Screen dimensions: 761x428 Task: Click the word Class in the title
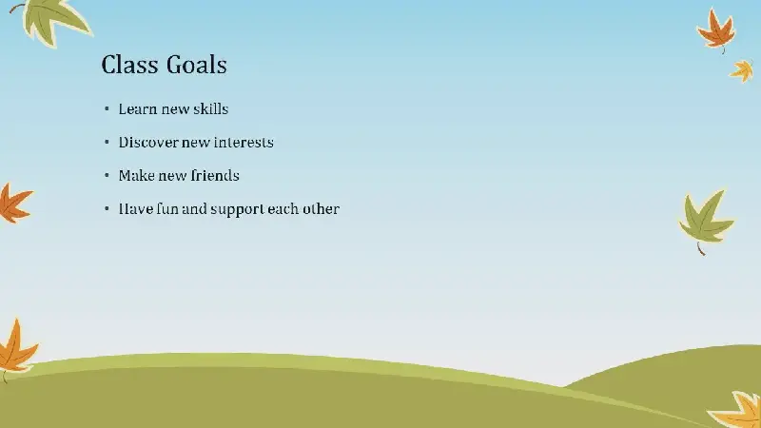click(x=129, y=65)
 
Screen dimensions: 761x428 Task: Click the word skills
click(x=210, y=108)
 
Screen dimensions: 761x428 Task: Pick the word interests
click(x=244, y=142)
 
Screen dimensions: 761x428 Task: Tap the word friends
click(x=215, y=175)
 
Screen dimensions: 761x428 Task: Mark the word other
click(x=321, y=208)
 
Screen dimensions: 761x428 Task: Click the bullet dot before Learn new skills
click(x=107, y=108)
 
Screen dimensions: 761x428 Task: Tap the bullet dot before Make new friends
click(x=107, y=175)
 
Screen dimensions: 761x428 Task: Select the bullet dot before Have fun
click(x=107, y=208)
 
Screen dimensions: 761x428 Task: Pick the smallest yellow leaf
click(x=742, y=70)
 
